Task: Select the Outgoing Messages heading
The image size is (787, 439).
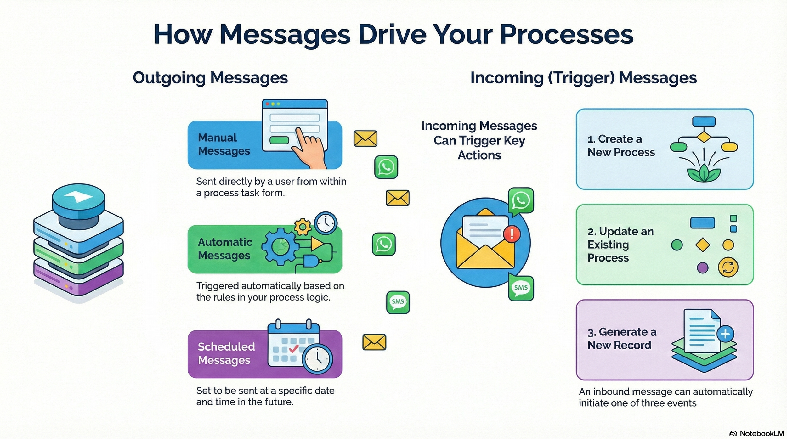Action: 210,78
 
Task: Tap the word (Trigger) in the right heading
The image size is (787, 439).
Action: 581,78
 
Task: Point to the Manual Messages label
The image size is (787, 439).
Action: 224,144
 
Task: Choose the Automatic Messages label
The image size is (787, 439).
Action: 225,249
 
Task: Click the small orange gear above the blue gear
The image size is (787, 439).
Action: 302,227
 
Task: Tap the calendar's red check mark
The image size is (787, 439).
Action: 294,348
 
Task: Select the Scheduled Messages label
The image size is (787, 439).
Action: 226,353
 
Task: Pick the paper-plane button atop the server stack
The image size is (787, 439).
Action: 78,198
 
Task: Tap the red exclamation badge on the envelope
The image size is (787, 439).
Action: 512,234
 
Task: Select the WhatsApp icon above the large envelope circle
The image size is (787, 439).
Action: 521,201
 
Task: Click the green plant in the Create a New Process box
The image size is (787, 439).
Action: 704,174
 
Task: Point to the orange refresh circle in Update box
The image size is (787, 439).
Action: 728,267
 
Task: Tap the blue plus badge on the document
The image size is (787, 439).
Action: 725,334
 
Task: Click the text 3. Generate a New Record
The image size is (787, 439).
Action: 621,339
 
